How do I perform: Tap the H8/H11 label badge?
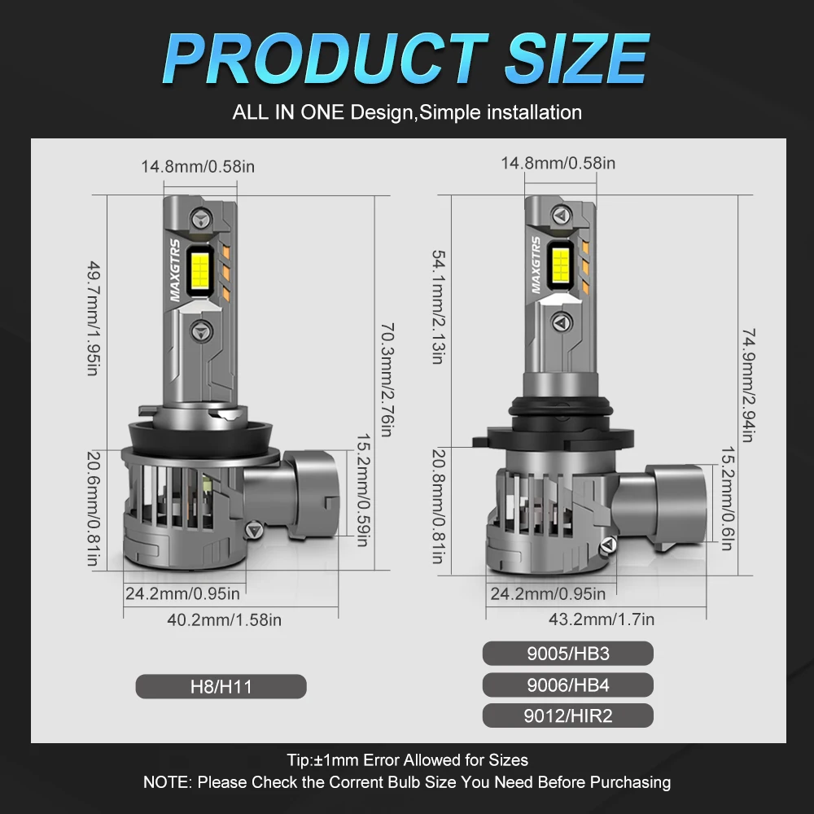(221, 686)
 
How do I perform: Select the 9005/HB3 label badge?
(567, 653)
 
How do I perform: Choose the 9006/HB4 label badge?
(567, 685)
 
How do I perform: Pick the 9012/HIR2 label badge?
(567, 716)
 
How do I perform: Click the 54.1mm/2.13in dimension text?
(437, 307)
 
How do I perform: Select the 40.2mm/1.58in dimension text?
(224, 619)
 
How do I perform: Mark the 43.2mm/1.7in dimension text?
(601, 619)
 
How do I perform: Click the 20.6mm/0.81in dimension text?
(94, 509)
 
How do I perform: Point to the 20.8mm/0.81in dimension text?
(438, 506)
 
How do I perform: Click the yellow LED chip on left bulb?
(201, 270)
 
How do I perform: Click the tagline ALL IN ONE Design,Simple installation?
(407, 112)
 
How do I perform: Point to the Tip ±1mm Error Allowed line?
(407, 760)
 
